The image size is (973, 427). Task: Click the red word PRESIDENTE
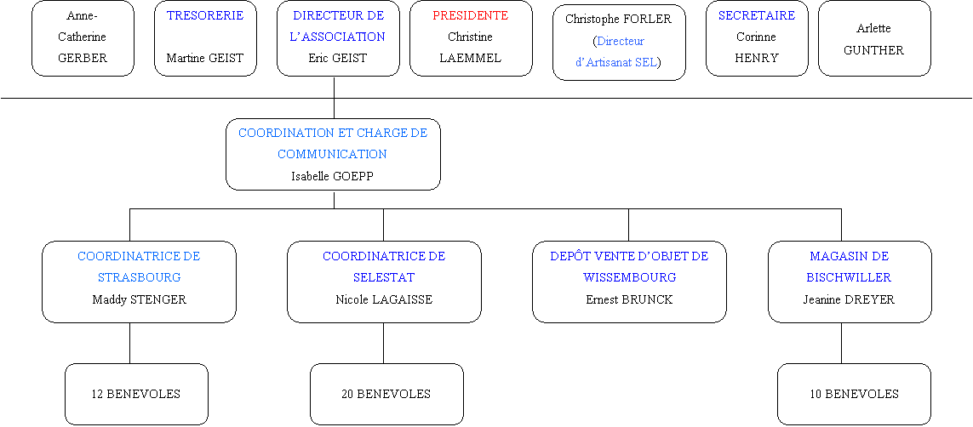coord(471,15)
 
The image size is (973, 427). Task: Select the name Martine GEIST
coord(205,58)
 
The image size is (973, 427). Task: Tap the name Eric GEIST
coord(338,58)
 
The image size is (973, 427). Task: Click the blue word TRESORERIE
coord(205,15)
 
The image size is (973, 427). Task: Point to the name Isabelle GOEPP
coord(333,176)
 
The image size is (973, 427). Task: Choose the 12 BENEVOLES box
coord(136,394)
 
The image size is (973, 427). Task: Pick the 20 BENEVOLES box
coord(386,394)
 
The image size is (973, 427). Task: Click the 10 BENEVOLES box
coord(854,394)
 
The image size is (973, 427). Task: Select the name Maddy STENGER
coord(139,299)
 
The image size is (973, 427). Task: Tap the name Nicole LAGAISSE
coord(384,299)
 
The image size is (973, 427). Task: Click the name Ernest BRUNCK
coord(629,299)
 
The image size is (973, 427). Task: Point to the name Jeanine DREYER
coord(849,299)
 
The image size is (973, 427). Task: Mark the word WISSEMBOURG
coord(629,277)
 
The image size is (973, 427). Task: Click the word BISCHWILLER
coord(849,277)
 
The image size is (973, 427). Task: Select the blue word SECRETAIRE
coord(757,15)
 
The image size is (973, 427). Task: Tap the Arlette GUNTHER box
coord(874,38)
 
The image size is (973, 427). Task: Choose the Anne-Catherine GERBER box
coord(83,38)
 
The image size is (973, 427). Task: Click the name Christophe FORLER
coord(618,20)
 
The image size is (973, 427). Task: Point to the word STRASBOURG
coord(139,277)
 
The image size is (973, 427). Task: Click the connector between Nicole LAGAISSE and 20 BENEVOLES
coord(383,343)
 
